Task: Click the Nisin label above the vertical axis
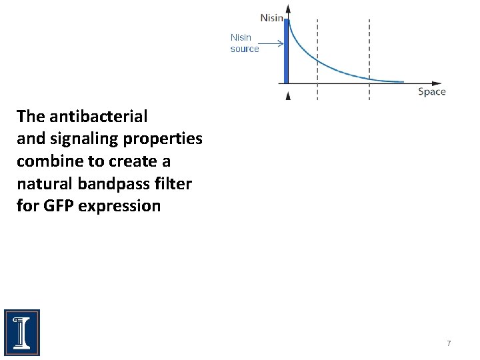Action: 272,18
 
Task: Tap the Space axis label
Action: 431,91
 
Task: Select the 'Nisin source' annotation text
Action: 244,43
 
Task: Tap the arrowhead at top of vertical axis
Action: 288,8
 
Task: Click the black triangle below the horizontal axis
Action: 288,96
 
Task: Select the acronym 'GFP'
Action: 58,206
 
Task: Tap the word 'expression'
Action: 119,206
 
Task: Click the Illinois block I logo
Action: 22,332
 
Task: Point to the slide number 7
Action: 449,343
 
